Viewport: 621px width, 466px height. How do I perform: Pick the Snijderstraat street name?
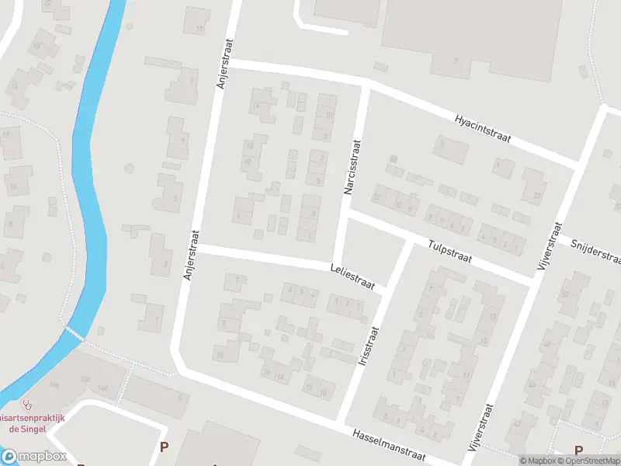click(x=595, y=251)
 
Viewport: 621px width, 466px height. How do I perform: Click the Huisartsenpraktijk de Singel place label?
click(x=32, y=423)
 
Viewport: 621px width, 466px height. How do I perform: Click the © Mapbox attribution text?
click(x=539, y=461)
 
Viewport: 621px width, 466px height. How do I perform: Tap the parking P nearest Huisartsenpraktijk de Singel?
click(x=164, y=447)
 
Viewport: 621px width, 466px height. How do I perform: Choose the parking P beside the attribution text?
click(x=578, y=450)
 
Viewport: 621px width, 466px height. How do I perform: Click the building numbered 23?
click(x=537, y=195)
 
